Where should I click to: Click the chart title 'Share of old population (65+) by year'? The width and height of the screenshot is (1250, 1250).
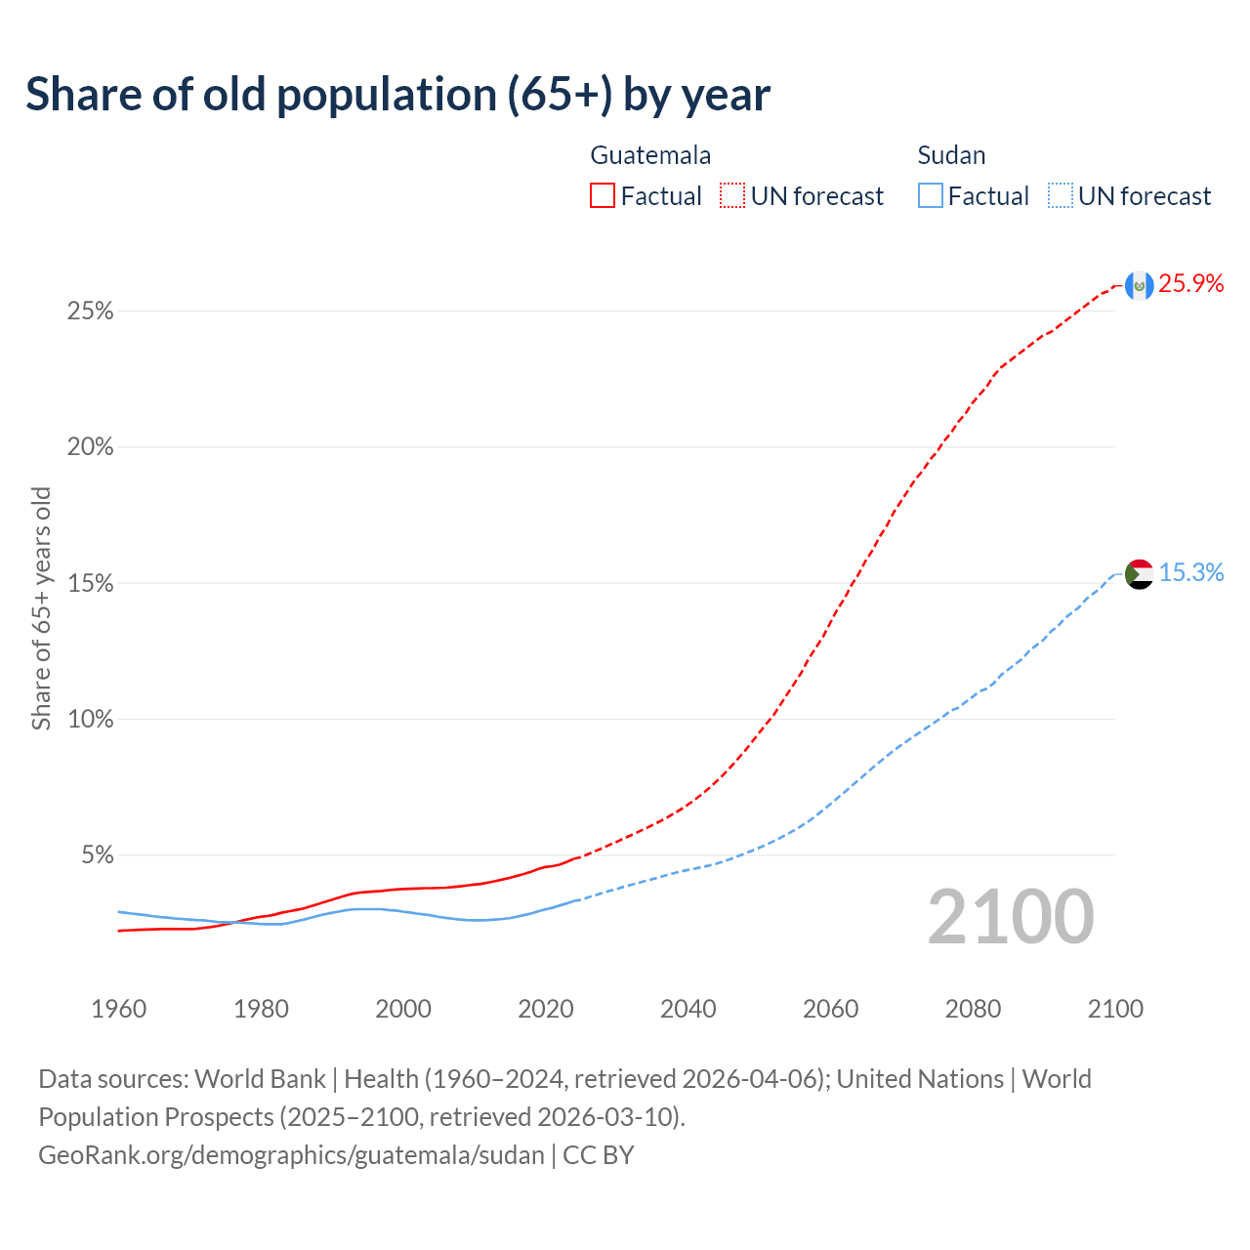click(x=397, y=95)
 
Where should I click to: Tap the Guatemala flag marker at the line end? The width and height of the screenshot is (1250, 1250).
click(x=1139, y=285)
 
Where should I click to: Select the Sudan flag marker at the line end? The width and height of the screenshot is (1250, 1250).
click(x=1139, y=574)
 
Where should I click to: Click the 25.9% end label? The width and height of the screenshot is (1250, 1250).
click(x=1191, y=284)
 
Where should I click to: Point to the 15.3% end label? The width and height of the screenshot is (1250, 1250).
click(x=1191, y=573)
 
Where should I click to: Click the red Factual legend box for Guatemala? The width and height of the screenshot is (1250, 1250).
click(x=603, y=196)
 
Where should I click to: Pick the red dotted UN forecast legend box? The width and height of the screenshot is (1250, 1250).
click(x=732, y=196)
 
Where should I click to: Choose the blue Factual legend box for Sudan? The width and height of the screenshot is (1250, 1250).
click(x=931, y=196)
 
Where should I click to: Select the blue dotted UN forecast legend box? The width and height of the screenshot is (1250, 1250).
click(x=1061, y=196)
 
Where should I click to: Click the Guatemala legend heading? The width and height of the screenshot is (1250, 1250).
click(x=650, y=155)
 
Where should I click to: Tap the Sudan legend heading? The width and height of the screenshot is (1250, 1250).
click(x=951, y=155)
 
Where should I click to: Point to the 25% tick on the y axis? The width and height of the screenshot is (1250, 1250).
click(x=90, y=312)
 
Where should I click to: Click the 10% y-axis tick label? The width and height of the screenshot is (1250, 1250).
click(x=90, y=720)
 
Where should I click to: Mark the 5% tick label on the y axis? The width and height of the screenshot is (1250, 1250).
click(x=97, y=855)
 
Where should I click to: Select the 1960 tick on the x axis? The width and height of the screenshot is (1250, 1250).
click(x=118, y=1009)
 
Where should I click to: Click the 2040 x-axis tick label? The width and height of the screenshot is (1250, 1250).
click(x=687, y=1009)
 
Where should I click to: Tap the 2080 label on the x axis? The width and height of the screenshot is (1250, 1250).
click(x=973, y=1009)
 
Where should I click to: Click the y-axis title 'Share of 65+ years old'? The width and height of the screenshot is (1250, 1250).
click(x=41, y=608)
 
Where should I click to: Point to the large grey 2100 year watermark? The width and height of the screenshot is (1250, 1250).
click(x=1011, y=917)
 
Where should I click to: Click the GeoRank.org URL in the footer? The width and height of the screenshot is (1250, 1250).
click(x=291, y=1155)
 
